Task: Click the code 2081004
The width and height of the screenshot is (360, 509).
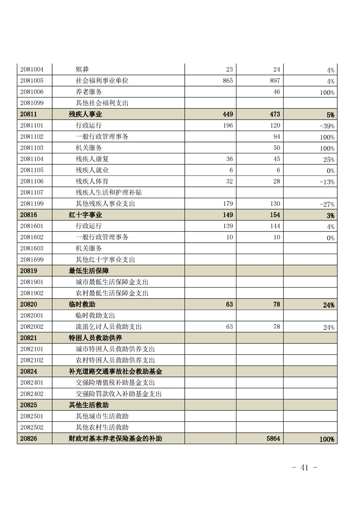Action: (x=32, y=69)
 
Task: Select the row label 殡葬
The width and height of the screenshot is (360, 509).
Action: (x=82, y=69)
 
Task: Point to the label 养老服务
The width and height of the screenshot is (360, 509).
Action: (x=89, y=92)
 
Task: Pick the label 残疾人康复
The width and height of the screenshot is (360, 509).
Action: (x=92, y=159)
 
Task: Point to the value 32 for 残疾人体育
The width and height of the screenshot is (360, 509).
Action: (x=229, y=181)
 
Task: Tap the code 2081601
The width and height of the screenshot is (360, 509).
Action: (x=32, y=226)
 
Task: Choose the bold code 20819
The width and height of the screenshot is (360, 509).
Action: (x=29, y=271)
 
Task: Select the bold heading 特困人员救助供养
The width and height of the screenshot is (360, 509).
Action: (x=95, y=338)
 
